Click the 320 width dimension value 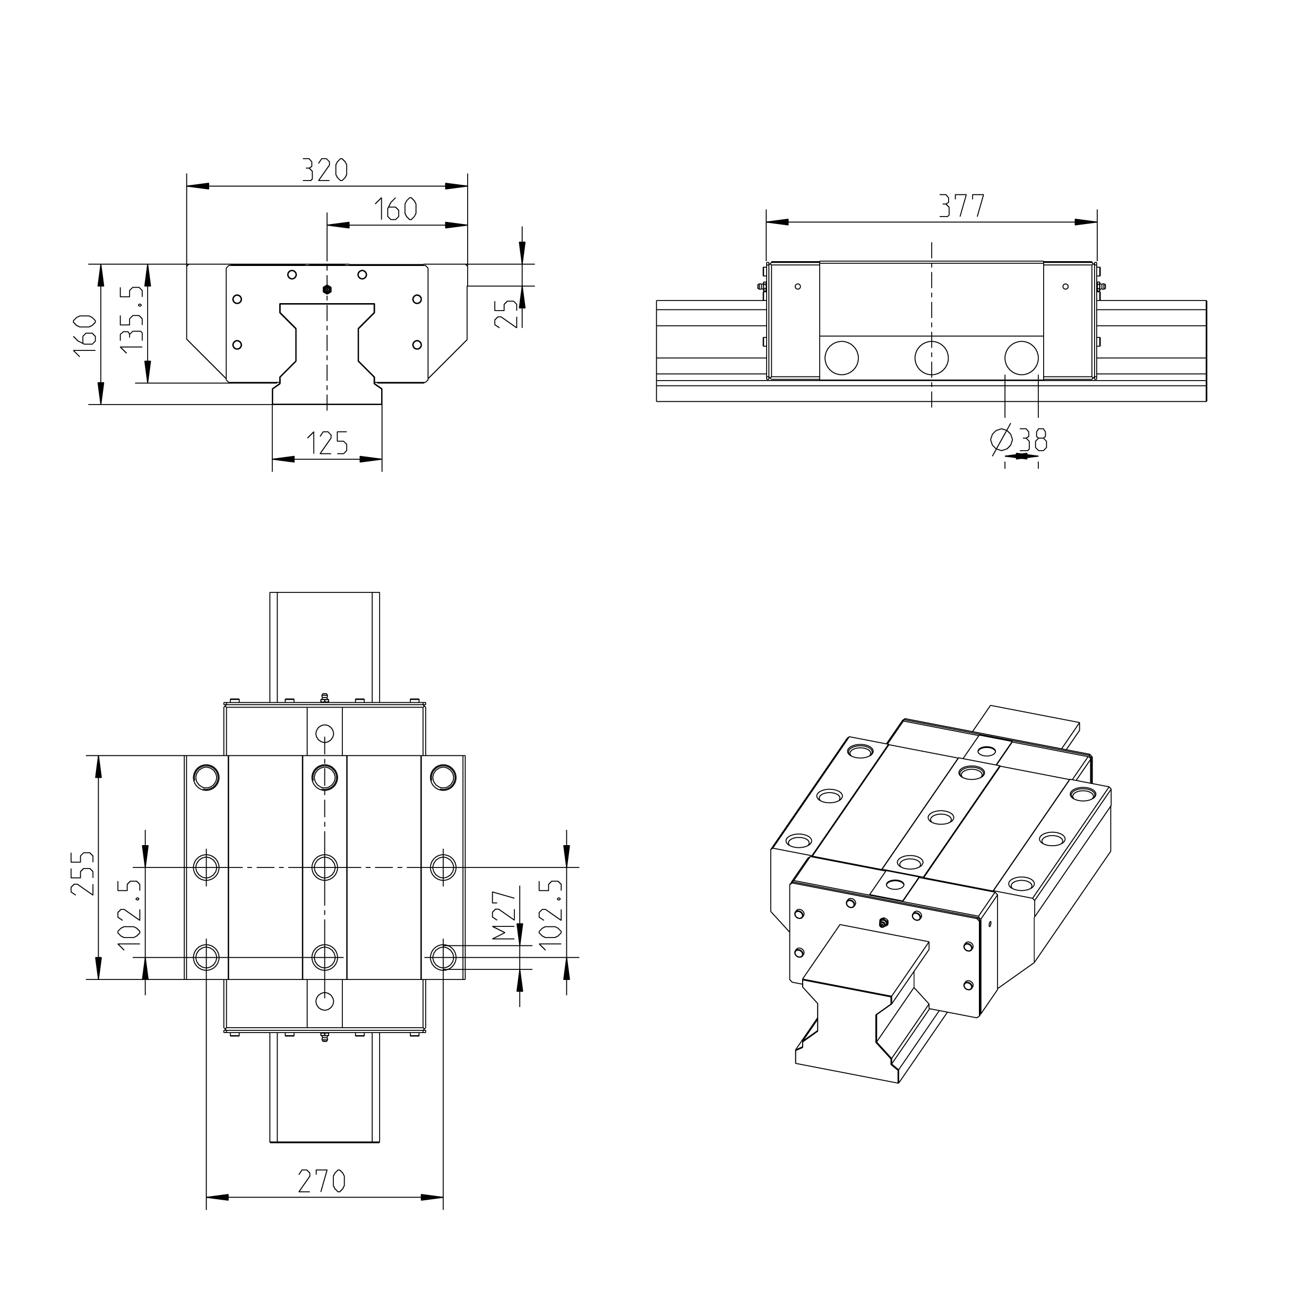[325, 169]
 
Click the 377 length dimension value [962, 206]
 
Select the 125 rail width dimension [327, 443]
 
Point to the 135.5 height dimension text [133, 319]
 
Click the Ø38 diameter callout [1019, 440]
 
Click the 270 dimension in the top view [322, 1181]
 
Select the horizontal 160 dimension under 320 [395, 209]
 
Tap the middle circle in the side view [931, 358]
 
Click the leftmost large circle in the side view [841, 358]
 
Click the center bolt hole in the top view [325, 867]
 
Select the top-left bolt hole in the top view [207, 777]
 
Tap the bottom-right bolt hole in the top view [443, 958]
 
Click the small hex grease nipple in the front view [327, 289]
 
